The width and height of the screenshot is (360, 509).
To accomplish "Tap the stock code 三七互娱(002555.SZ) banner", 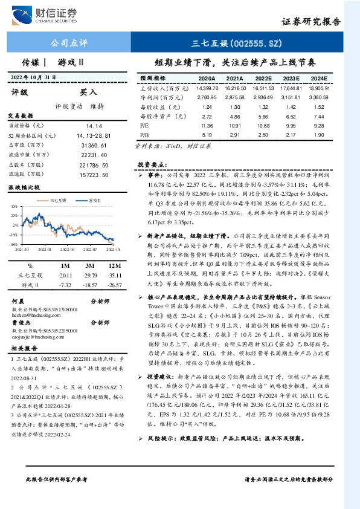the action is coord(236,43).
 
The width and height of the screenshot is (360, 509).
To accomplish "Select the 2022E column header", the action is coord(262,78).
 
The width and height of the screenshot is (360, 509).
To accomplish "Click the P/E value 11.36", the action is coord(207,126).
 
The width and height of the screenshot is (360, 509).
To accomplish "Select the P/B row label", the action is coord(144,135).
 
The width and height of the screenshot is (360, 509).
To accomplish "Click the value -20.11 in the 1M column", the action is coord(65,274).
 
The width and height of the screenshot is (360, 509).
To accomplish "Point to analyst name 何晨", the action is coord(18,300).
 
